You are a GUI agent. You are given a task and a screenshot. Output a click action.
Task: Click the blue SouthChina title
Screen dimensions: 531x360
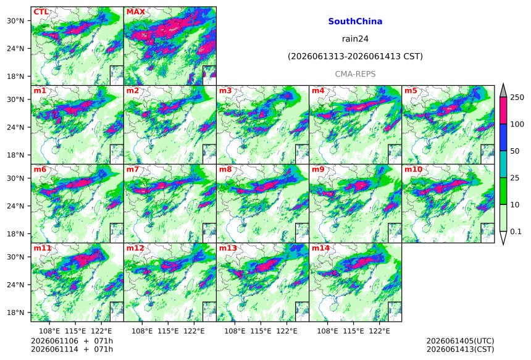coord(355,22)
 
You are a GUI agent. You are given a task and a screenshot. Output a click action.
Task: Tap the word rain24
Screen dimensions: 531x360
coord(355,39)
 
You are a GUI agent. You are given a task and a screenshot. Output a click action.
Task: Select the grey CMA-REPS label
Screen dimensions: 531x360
coord(355,74)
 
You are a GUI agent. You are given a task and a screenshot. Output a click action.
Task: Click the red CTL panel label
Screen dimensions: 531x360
coord(41,12)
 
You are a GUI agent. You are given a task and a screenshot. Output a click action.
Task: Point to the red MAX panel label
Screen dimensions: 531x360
coord(135,12)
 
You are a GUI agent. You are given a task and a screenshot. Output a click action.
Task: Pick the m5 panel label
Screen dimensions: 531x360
coord(411,91)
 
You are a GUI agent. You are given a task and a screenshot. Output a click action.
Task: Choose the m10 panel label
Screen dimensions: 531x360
coord(413,169)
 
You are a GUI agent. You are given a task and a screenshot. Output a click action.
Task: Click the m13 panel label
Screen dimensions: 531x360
coord(228,248)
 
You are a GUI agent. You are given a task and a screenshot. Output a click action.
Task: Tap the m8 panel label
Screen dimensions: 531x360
coord(225,169)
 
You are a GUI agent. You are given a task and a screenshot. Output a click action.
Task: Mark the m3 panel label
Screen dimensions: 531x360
coord(225,91)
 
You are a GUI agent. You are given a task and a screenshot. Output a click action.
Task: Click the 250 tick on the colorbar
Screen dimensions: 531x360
coord(517,98)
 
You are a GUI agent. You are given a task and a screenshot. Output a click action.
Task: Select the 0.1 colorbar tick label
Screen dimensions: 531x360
coord(516,232)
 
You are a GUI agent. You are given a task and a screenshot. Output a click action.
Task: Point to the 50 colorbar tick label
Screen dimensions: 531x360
coord(515,151)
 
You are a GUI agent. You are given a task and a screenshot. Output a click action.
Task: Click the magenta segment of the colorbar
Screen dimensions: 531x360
coord(503,111)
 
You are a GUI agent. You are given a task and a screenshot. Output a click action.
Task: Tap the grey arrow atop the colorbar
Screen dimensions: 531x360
coord(503,91)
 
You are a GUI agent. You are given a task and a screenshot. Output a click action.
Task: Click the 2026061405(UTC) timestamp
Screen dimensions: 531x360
coord(460,341)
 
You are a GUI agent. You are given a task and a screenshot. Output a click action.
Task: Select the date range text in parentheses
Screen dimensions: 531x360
coord(355,56)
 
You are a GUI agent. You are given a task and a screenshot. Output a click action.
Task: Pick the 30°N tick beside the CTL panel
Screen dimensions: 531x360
coord(15,21)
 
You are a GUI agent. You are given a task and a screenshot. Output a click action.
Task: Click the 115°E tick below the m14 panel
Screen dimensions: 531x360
coord(354,331)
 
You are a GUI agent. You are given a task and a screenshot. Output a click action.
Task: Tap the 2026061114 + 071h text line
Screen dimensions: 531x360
coord(72,349)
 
